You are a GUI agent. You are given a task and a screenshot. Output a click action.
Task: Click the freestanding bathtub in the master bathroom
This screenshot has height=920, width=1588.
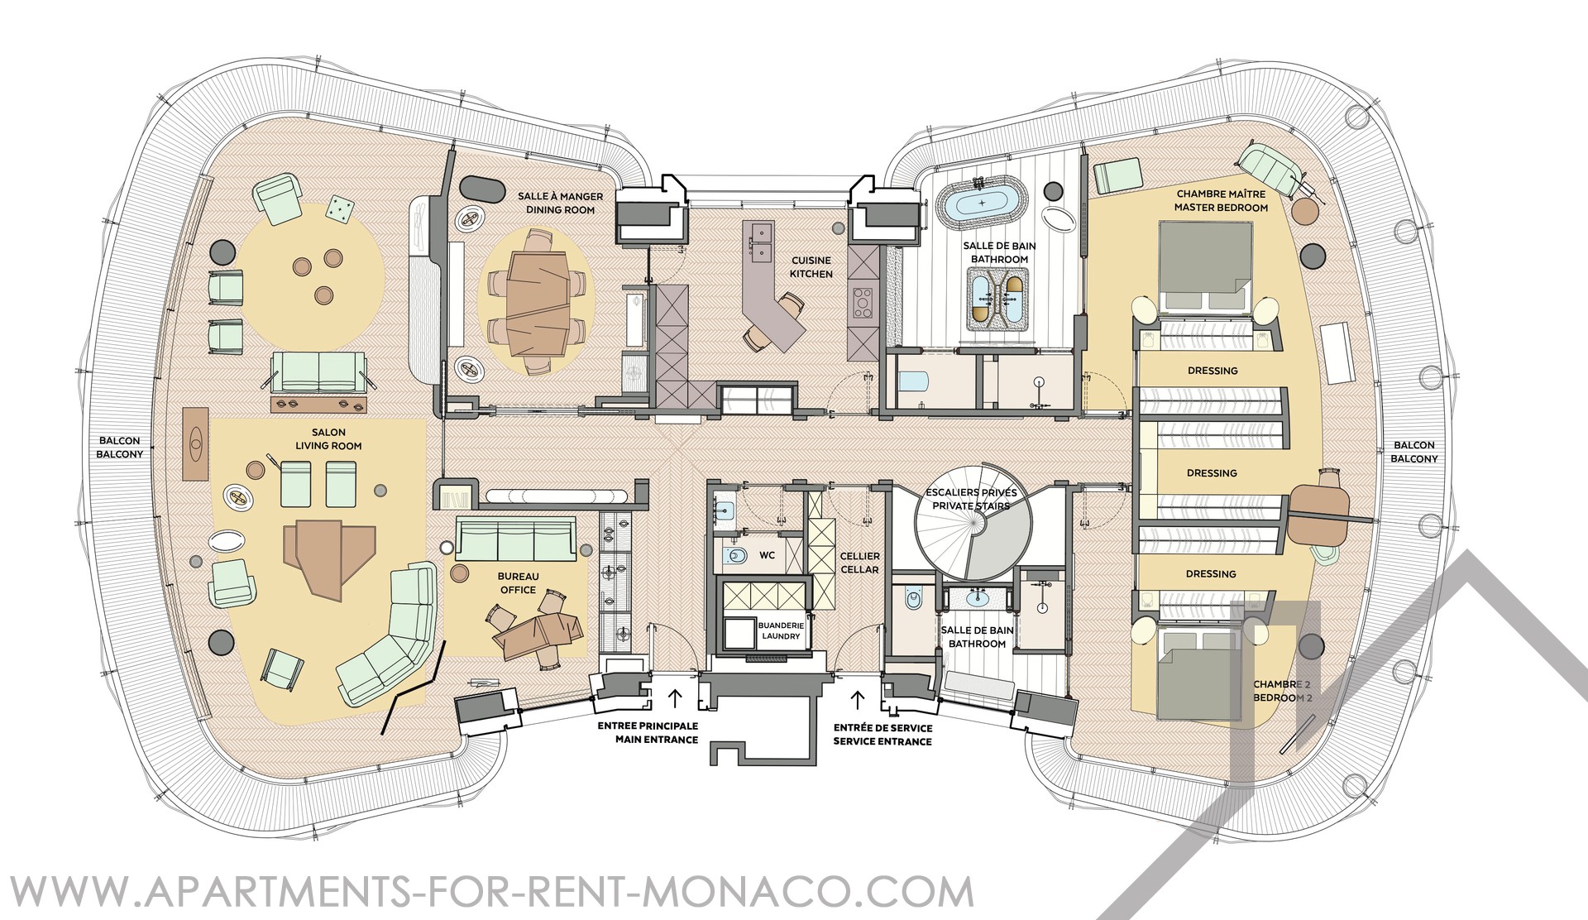tap(982, 202)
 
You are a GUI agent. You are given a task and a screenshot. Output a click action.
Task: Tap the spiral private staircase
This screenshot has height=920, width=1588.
tap(972, 523)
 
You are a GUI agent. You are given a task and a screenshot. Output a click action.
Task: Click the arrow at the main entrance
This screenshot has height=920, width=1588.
tap(675, 699)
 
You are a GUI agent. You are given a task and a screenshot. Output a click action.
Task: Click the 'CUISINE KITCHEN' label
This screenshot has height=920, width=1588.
tap(811, 267)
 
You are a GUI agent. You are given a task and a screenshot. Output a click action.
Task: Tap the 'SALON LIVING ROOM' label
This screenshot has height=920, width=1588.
tap(329, 438)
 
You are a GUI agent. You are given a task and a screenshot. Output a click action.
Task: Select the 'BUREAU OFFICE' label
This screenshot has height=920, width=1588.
tap(517, 582)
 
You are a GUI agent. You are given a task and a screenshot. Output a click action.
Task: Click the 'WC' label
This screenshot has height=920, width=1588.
tap(767, 555)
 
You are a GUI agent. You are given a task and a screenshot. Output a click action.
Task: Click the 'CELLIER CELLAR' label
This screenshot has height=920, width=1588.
tap(859, 563)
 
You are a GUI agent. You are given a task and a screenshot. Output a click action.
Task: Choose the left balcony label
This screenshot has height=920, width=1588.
tap(120, 448)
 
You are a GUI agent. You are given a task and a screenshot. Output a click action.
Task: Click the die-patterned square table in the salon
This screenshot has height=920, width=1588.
tap(339, 208)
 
